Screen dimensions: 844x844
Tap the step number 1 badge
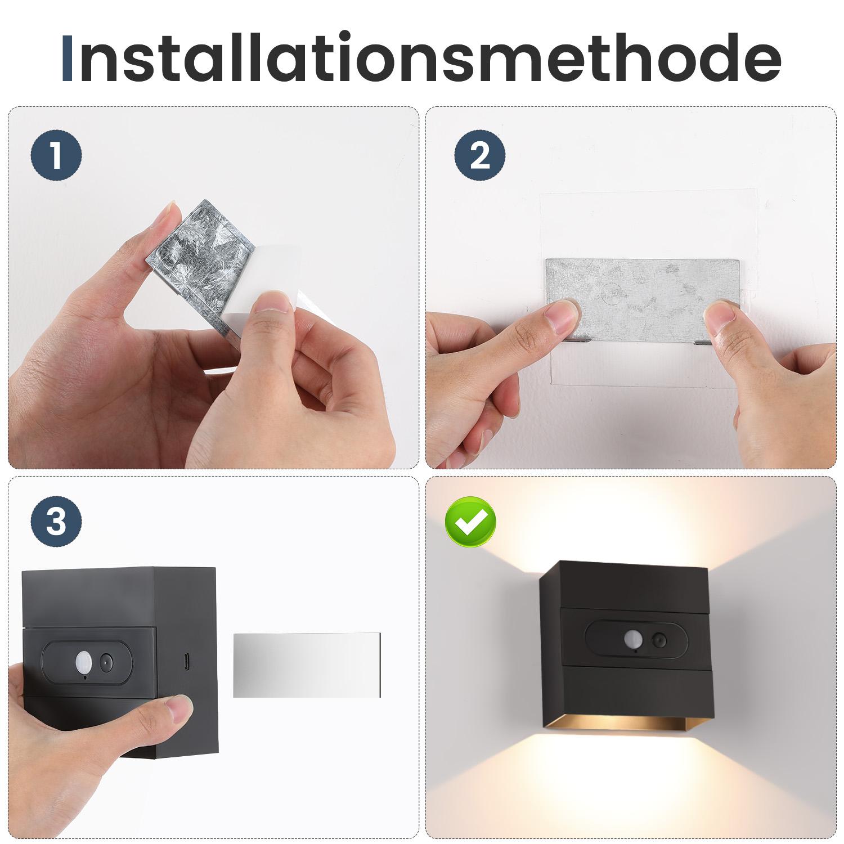click(56, 156)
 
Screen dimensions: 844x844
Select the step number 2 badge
click(479, 156)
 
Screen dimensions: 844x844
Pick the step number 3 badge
click(56, 522)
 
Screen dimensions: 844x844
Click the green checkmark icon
click(470, 522)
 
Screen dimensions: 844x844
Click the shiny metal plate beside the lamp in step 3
click(307, 664)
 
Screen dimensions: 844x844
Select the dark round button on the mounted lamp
click(657, 640)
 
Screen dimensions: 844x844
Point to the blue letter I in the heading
click(67, 57)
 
